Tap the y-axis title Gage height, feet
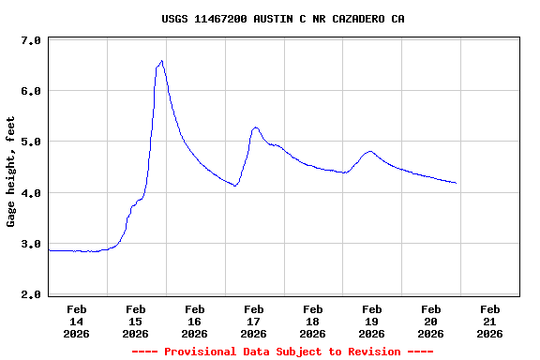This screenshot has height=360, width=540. click(11, 172)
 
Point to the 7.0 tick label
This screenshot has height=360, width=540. click(30, 41)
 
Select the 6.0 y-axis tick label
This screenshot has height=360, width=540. click(30, 92)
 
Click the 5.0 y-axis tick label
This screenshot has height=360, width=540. click(30, 142)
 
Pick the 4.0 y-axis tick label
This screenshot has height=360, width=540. click(30, 193)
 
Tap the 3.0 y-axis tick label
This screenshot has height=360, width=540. click(30, 244)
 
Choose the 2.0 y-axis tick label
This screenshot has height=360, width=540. click(30, 294)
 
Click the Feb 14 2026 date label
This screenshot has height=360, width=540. click(77, 321)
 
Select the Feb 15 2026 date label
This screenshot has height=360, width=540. click(136, 321)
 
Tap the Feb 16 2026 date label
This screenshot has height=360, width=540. click(195, 321)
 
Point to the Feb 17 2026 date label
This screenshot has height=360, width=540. click(254, 321)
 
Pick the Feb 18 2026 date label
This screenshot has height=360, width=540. click(313, 321)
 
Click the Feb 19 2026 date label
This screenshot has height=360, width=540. click(372, 321)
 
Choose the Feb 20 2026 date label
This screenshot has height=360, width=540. click(431, 321)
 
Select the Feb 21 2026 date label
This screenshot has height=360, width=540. click(489, 321)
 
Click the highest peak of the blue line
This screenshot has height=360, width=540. click(162, 61)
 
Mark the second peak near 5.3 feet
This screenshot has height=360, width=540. click(255, 127)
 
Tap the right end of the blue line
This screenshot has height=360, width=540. click(457, 183)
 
